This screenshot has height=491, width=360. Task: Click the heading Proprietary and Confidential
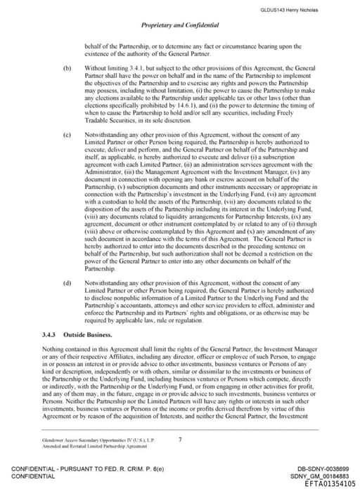(180, 25)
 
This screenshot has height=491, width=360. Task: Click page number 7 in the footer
(181, 440)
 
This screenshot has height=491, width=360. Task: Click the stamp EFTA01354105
(326, 484)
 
